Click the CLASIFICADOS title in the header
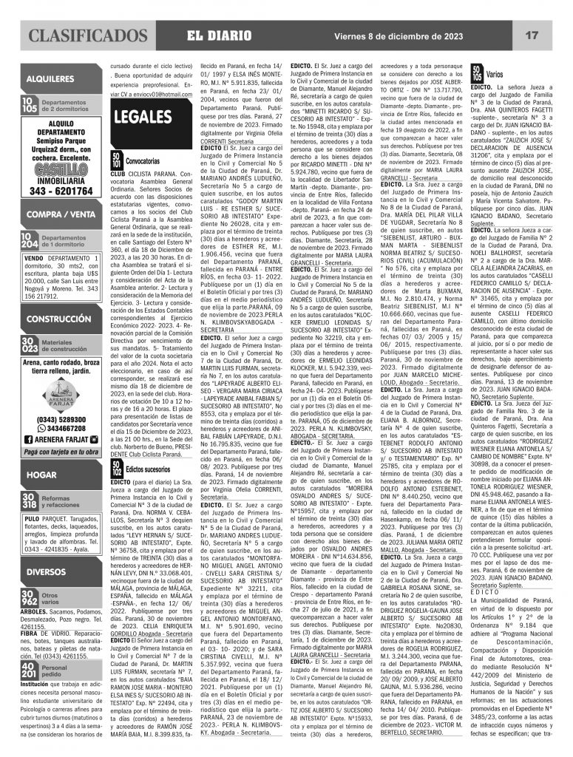[x=86, y=35]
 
